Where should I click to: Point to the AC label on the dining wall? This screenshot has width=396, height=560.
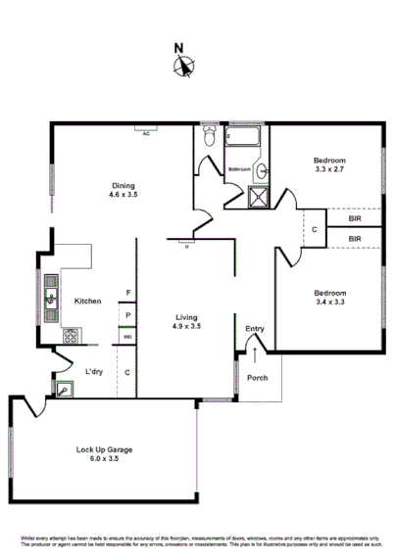146,133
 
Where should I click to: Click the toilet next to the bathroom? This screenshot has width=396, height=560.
209,136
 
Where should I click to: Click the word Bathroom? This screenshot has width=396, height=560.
240,169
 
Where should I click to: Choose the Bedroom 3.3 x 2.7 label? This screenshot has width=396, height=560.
328,164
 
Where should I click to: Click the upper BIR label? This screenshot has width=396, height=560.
354,218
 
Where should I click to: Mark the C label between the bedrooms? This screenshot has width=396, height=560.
314,230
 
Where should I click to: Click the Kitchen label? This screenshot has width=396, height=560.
88,301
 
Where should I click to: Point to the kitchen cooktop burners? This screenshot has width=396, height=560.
73,336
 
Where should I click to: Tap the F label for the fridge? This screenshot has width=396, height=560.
127,293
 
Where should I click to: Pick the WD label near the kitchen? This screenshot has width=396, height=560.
127,337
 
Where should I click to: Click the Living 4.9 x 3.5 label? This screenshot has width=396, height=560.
188,322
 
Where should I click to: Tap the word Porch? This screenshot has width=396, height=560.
258,377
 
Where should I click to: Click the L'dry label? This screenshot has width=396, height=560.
94,371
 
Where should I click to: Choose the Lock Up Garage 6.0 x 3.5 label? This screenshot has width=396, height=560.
104,453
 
